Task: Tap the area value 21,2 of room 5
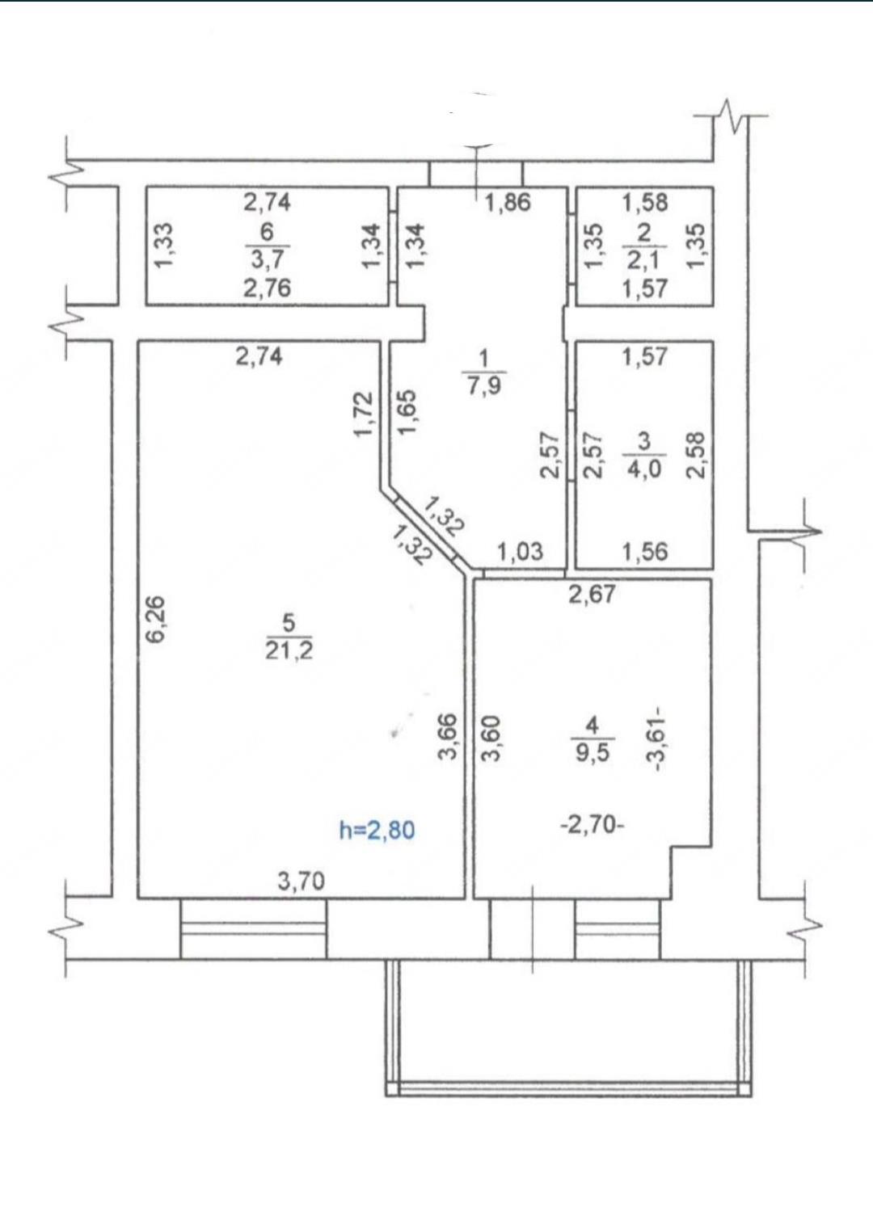[289, 651]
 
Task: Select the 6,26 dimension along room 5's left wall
[156, 620]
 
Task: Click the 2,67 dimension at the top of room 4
[592, 594]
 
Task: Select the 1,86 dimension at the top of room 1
[508, 203]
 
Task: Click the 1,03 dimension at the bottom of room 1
[521, 552]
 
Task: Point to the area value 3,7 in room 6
[267, 259]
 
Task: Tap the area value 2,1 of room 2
[644, 260]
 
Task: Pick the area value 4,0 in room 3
[644, 469]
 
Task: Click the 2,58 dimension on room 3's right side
[697, 455]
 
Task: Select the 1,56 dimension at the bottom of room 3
[645, 552]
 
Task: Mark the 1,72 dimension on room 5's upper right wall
[364, 414]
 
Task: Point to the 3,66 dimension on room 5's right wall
[447, 737]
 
